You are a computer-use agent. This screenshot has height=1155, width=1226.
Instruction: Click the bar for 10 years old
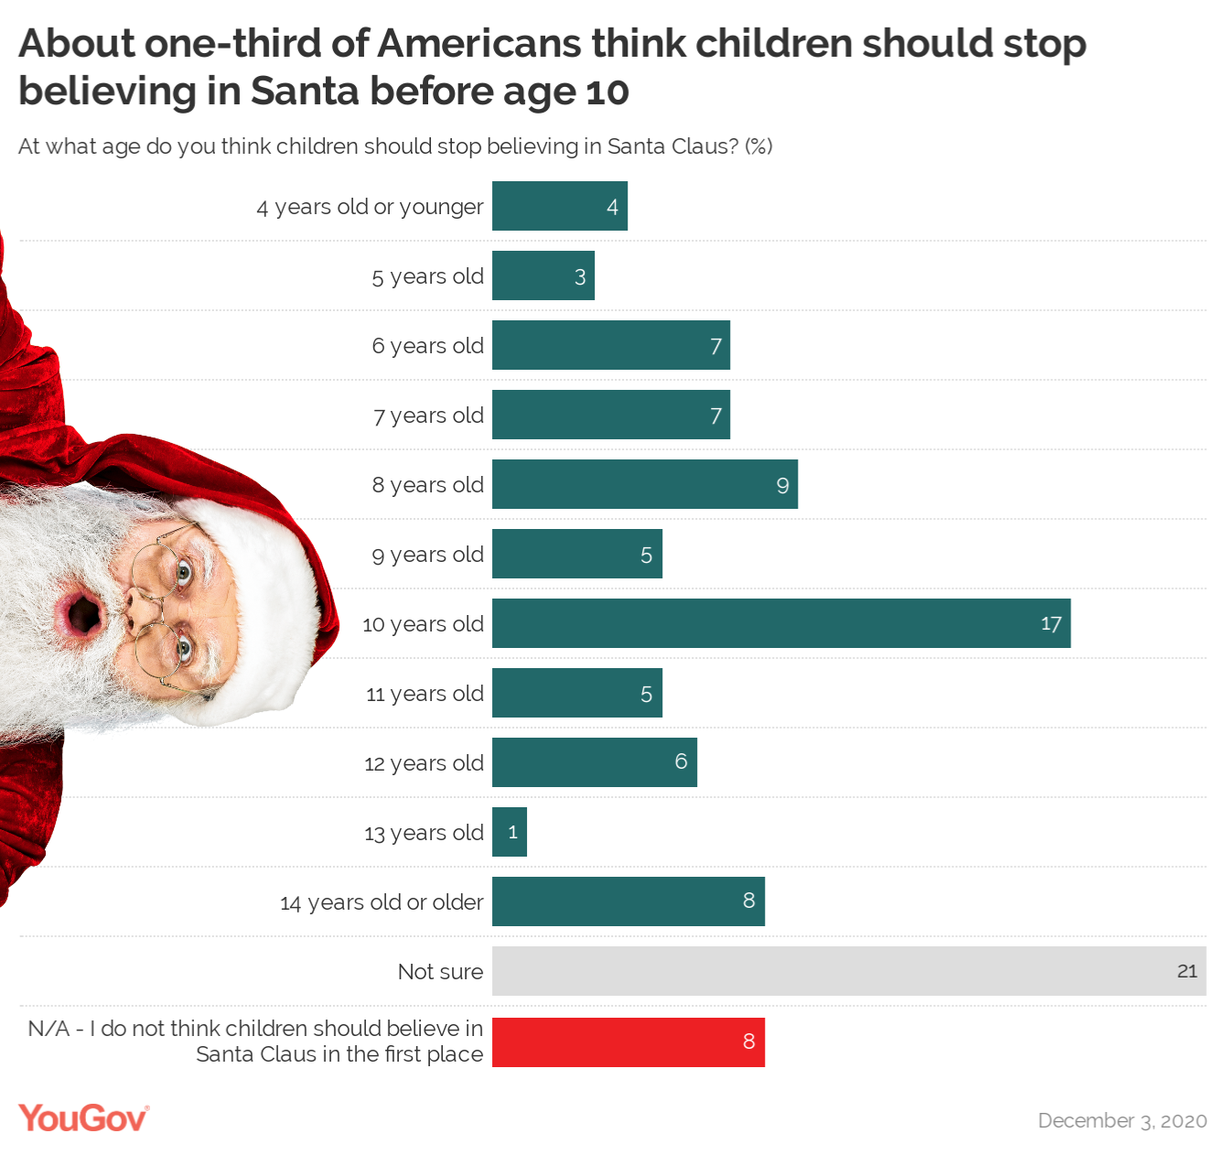pos(780,623)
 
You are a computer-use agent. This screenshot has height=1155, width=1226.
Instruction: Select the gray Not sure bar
pos(848,971)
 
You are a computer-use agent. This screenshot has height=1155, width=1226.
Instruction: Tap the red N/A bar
pos(628,1042)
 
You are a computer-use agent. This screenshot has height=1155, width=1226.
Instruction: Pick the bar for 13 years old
pos(509,832)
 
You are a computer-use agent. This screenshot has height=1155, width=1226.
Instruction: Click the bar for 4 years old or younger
pos(559,206)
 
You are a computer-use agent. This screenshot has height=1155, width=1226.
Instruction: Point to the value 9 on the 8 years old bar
pos(782,485)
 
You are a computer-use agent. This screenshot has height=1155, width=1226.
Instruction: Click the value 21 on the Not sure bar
pos(1187,971)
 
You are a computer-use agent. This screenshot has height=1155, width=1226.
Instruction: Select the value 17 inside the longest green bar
pos(1050,624)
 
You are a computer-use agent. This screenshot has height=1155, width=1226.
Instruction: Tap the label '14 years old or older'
pos(382,902)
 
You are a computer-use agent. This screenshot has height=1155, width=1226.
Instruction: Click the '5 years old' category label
pos(427,276)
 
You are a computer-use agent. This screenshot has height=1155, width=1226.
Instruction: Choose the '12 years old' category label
pos(424,763)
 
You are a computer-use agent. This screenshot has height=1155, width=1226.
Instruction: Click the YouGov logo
pos(83,1118)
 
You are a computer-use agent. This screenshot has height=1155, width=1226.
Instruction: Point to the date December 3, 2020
pos(1122,1121)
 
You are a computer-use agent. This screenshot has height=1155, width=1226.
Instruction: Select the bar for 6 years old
pos(610,345)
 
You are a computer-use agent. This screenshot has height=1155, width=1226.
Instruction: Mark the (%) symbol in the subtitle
pos(758,146)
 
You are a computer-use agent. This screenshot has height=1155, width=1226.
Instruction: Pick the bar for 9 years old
pos(576,554)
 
